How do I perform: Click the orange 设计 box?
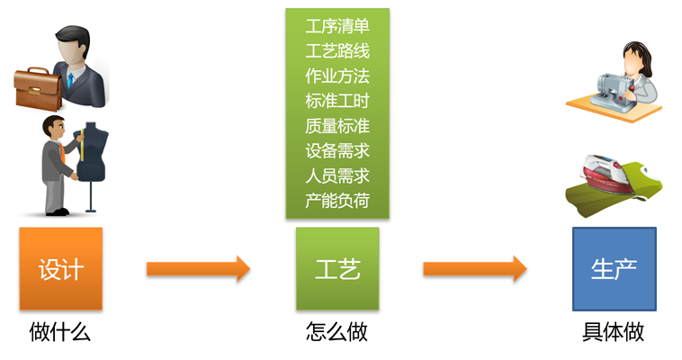pos(60,268)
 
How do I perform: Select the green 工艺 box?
pos(337,268)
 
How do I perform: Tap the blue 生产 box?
pos(614,268)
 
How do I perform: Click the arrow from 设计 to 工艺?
pos(198,268)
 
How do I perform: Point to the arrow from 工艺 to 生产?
pos(474,268)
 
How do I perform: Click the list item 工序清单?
pos(337,25)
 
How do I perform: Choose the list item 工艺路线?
pos(337,50)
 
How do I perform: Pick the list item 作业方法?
pos(337,76)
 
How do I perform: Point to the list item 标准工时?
pos(337,101)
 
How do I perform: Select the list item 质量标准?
pos(337,126)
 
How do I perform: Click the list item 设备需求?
pos(337,151)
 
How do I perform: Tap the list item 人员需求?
pos(337,175)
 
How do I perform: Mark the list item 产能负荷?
pos(337,201)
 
